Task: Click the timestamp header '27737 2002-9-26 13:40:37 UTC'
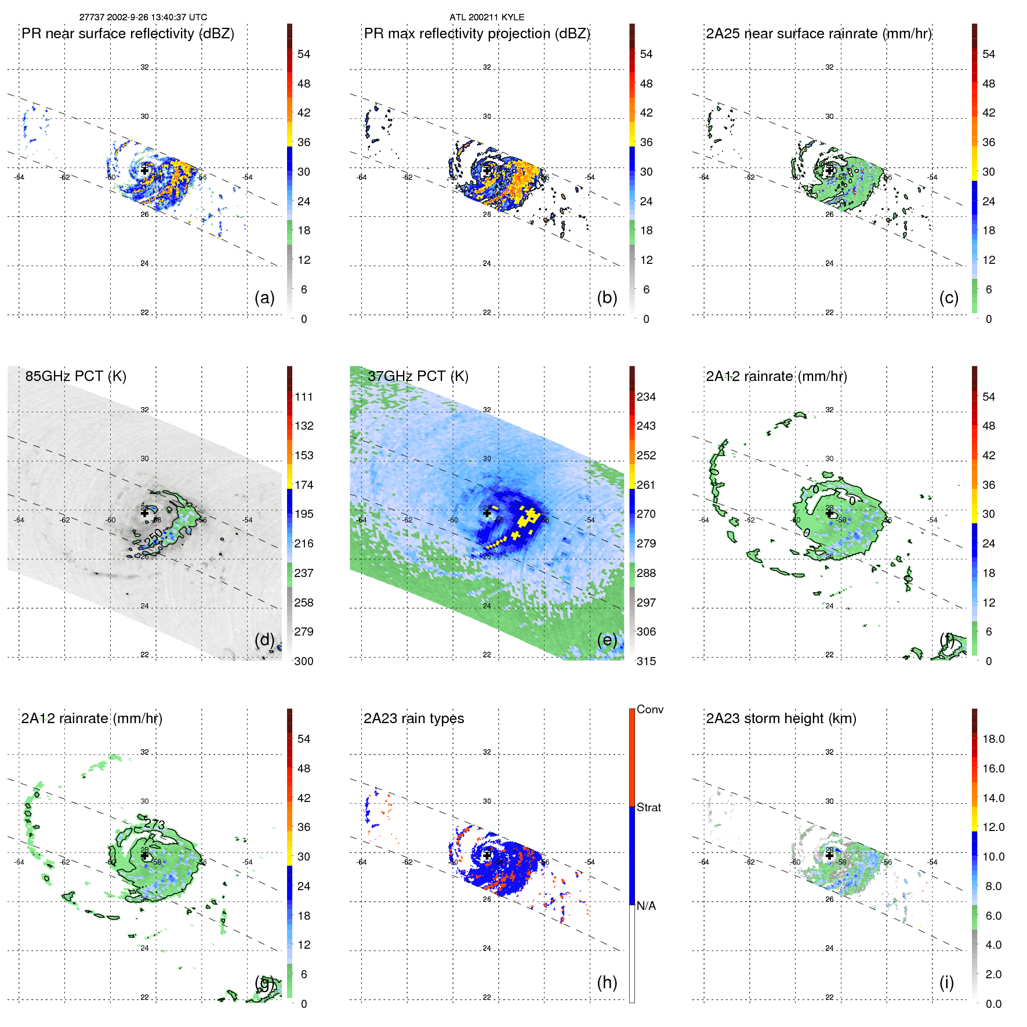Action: click(x=143, y=17)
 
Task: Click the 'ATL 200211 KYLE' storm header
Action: click(x=487, y=17)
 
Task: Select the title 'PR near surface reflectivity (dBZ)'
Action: click(x=128, y=34)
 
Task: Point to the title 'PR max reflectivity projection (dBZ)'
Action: click(x=477, y=34)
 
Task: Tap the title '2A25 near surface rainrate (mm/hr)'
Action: click(x=819, y=34)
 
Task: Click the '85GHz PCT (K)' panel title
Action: click(x=75, y=376)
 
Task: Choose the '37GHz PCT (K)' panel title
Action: click(x=418, y=376)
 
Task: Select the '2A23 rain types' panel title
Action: click(x=413, y=718)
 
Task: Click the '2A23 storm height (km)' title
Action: click(x=781, y=718)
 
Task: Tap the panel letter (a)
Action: click(x=264, y=297)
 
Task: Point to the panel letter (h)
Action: click(x=607, y=982)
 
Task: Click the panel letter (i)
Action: click(x=946, y=982)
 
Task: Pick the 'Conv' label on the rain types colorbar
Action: click(x=650, y=709)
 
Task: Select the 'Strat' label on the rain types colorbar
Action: click(x=649, y=807)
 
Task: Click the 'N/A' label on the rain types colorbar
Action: click(x=646, y=906)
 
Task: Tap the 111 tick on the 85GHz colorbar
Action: click(x=304, y=397)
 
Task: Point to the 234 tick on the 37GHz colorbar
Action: click(x=646, y=397)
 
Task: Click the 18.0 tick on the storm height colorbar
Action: click(x=993, y=739)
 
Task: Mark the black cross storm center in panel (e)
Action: click(x=487, y=513)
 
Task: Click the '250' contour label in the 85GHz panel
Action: click(x=153, y=538)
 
